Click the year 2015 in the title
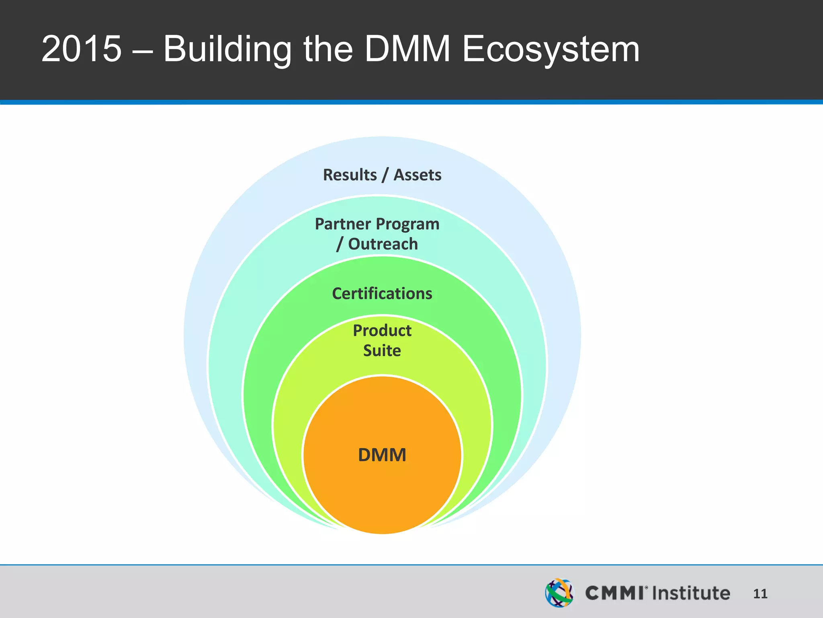81,49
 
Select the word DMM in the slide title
407,49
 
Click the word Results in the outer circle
350,175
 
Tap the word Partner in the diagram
343,224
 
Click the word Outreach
383,244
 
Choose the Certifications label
382,294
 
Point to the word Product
382,331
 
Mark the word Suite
382,351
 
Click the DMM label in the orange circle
382,455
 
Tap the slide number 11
760,594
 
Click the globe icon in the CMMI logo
559,593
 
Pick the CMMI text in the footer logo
614,593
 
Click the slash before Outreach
340,244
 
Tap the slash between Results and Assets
385,175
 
